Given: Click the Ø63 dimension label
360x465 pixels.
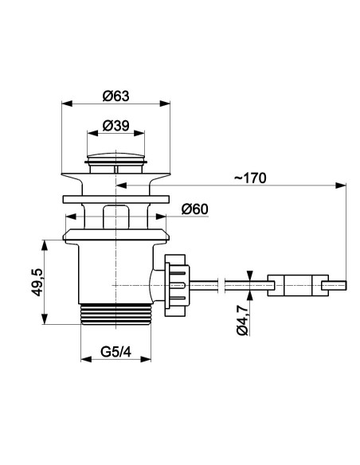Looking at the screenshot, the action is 116,96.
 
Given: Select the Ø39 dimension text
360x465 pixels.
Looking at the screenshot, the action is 116,126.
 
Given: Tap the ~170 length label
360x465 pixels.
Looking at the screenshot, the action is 251,178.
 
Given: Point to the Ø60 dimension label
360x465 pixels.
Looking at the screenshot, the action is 195,209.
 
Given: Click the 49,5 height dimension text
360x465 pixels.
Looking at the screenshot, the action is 37,282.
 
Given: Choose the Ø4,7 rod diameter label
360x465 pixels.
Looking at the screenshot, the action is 242,320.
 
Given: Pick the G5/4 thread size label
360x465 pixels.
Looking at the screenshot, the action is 116,352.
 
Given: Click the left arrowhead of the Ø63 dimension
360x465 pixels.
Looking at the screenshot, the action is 67,104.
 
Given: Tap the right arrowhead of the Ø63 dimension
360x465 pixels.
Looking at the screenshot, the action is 165,104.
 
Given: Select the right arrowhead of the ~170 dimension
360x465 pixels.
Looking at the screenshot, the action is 341,186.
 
